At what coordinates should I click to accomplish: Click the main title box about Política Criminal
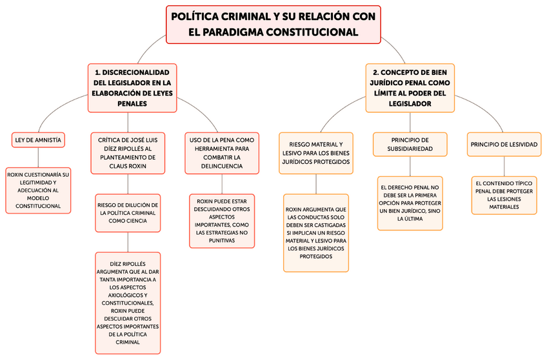pos(273,25)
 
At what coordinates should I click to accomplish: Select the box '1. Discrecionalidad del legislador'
pos(132,88)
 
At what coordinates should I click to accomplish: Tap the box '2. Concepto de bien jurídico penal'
pos(410,88)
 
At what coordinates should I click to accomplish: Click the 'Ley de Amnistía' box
pos(39,139)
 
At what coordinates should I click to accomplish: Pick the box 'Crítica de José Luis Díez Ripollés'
pos(128,153)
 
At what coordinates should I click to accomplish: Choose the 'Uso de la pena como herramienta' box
pos(222,153)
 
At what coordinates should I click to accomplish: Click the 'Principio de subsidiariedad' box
pos(410,144)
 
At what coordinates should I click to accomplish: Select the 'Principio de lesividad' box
pos(504,144)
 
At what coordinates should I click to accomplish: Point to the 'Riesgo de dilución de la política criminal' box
pos(128,213)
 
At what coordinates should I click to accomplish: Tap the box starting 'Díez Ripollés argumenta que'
pos(128,303)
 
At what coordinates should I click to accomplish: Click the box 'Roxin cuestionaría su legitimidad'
pos(38,190)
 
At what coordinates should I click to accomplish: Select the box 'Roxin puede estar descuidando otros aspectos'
pos(222,221)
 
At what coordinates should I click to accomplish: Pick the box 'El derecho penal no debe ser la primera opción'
pos(410,203)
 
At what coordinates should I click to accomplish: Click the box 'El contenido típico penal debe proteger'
pos(504,195)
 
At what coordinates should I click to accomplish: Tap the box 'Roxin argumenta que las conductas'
pos(316,233)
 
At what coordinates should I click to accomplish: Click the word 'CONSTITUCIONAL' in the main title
pos(312,32)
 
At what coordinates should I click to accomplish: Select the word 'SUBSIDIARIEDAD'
pos(410,149)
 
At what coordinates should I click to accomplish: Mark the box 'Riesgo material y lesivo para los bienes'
pos(316,153)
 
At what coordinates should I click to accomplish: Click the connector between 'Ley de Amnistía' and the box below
pos(38,157)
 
